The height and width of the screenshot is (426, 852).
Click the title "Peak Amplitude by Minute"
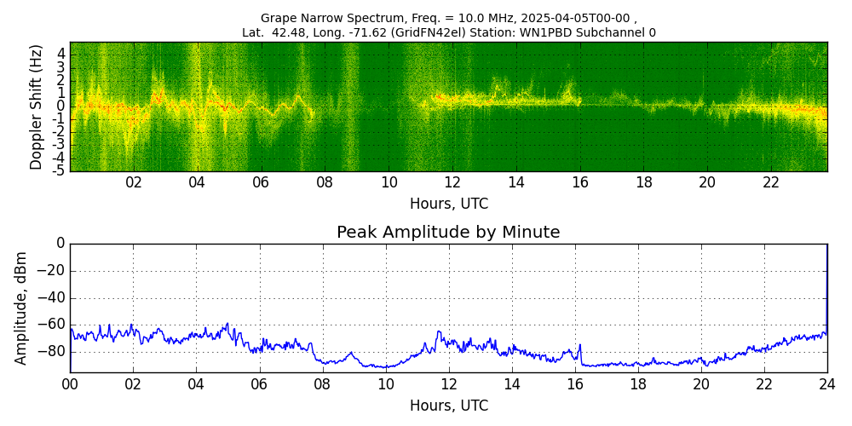pos(448,233)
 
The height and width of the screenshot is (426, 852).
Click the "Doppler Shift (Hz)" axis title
pos(36,106)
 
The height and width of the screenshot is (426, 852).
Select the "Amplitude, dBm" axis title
pos(21,308)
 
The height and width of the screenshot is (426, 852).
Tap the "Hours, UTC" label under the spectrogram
pos(449,204)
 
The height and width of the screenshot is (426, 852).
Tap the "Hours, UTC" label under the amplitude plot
pos(449,406)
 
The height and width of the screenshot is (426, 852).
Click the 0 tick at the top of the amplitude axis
pos(60,244)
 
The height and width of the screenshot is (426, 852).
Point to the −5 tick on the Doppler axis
pos(58,170)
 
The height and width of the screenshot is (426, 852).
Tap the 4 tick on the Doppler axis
pos(60,53)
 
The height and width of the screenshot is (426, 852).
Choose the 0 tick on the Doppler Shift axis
pos(60,106)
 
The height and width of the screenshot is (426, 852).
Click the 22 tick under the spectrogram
pos(771,182)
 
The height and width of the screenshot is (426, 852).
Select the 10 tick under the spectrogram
pos(389,182)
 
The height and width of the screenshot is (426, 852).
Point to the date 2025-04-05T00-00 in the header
pos(577,18)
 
